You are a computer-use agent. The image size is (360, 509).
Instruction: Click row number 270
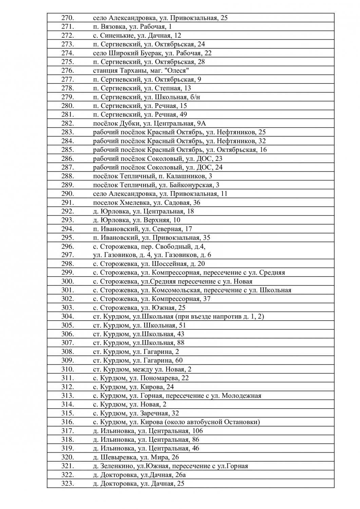pyautogui.click(x=68, y=18)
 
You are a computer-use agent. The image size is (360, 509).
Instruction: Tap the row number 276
pyautogui.click(x=68, y=71)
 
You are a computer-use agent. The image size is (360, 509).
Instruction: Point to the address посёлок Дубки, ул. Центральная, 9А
pyautogui.click(x=154, y=124)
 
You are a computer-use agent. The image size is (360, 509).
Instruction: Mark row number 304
pyautogui.click(x=68, y=317)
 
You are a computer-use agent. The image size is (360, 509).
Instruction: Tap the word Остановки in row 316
pyautogui.click(x=242, y=422)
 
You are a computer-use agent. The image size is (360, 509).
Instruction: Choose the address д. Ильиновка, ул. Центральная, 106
pyautogui.click(x=148, y=431)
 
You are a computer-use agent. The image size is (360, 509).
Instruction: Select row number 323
pyautogui.click(x=68, y=484)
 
